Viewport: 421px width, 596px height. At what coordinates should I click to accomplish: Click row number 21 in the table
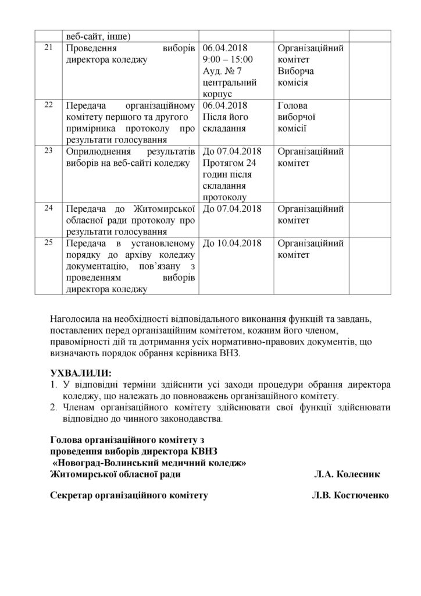pos(48,47)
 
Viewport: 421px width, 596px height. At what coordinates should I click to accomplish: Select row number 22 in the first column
pos(48,105)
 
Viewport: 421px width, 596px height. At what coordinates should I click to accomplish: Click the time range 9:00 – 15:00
pos(228,59)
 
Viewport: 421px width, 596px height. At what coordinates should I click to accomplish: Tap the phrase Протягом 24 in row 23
pos(229,164)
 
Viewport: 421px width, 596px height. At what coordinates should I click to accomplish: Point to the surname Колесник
pos(359,474)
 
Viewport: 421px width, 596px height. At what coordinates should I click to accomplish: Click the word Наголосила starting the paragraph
pos(78,318)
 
